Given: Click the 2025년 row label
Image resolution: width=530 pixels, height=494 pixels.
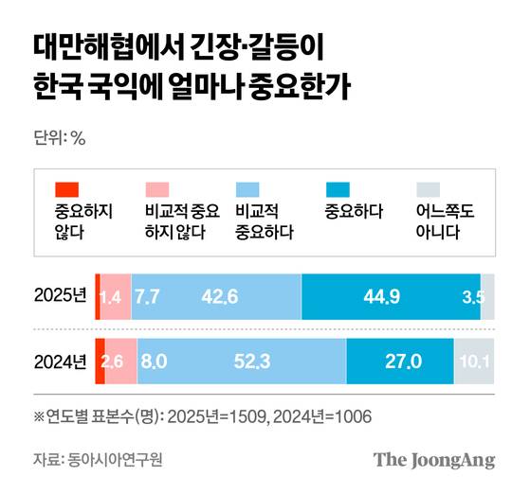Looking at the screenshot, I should click(x=59, y=297).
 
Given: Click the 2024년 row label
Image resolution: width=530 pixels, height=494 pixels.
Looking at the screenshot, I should click(x=59, y=361).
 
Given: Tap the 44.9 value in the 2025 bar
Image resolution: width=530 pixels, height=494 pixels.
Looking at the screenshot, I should click(x=382, y=297).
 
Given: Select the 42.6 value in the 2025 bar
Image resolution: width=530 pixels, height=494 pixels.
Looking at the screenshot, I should click(x=220, y=297).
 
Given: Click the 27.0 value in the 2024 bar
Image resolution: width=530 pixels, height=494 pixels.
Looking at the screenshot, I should click(x=403, y=361).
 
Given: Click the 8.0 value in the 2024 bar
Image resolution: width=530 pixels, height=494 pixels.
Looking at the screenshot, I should click(x=153, y=361).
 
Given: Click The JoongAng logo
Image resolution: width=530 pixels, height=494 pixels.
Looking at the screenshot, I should click(x=434, y=460).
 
